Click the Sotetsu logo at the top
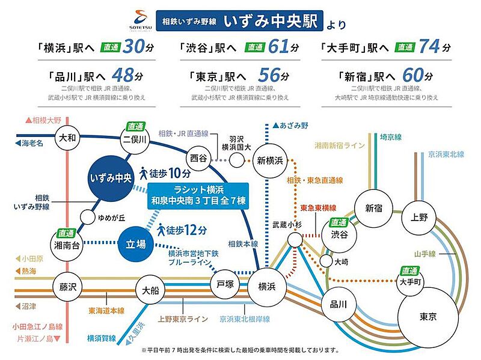[141, 20]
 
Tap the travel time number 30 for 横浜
[133, 47]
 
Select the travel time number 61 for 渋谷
[278, 47]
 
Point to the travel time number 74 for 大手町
[430, 47]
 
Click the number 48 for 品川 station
[123, 75]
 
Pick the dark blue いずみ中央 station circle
[111, 178]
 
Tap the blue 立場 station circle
[136, 244]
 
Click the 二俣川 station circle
[135, 139]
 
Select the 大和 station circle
[67, 138]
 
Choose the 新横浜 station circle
[269, 160]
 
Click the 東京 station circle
[427, 317]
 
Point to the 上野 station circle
[418, 218]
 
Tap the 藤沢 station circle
[67, 287]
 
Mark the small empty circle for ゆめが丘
[87, 218]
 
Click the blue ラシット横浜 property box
[198, 196]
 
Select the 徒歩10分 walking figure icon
[143, 173]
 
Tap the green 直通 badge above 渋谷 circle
[339, 222]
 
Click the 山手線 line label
[425, 254]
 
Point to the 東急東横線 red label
[318, 208]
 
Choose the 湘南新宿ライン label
[340, 145]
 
